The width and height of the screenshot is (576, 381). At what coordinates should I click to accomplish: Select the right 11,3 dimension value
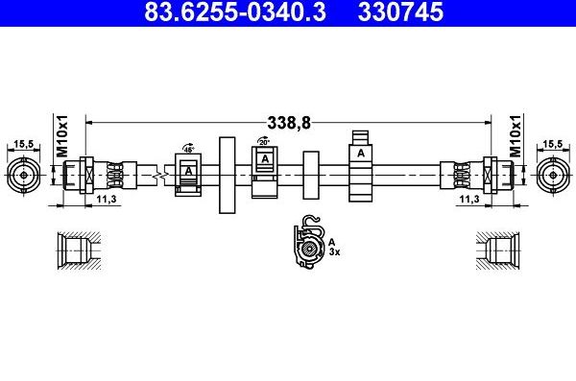(469, 200)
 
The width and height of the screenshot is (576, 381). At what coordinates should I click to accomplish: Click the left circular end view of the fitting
(22, 176)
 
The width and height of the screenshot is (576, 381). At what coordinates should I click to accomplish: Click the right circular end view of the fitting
(552, 176)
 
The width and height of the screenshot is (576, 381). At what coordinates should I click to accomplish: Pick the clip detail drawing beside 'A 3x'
(308, 244)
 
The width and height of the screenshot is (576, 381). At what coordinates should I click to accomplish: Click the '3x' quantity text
(335, 252)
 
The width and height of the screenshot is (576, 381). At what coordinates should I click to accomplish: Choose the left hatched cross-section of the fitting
(76, 251)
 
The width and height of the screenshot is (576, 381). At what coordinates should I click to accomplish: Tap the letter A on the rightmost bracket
(361, 153)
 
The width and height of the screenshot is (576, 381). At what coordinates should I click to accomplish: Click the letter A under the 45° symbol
(188, 171)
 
